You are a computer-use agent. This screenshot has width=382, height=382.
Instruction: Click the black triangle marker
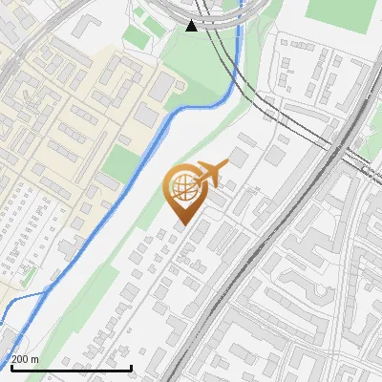(x=192, y=26)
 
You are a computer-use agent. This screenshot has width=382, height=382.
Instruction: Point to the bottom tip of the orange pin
(x=182, y=224)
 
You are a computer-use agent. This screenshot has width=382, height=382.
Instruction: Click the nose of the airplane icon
(x=227, y=163)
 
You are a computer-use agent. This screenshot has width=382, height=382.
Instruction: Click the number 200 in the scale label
(x=20, y=359)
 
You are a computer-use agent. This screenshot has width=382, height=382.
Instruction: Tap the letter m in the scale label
(x=35, y=359)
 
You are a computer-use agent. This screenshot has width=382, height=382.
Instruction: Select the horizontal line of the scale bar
(x=71, y=368)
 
